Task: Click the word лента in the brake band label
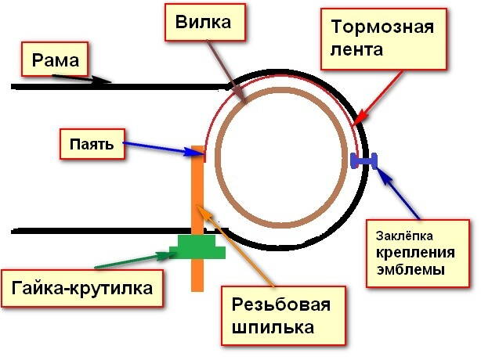coord(356,52)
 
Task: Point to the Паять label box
coord(92,144)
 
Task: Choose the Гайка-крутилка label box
coord(82,290)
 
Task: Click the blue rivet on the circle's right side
coord(365,161)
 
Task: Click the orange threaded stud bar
coord(197,196)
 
